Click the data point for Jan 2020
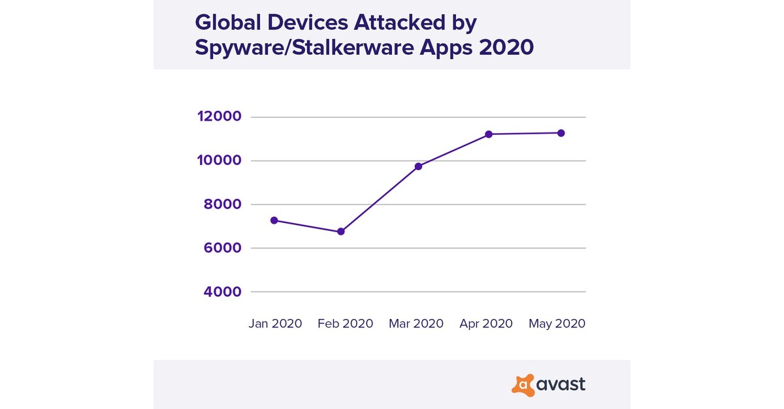pyautogui.click(x=274, y=220)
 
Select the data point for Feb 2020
pyautogui.click(x=341, y=232)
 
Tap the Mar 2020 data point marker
pyautogui.click(x=418, y=166)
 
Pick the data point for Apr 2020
pyautogui.click(x=489, y=134)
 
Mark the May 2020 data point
pyautogui.click(x=561, y=133)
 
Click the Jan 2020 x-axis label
pyautogui.click(x=275, y=324)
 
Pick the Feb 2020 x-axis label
pyautogui.click(x=346, y=324)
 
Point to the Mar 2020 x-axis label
pyautogui.click(x=416, y=324)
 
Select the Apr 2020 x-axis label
pyautogui.click(x=486, y=324)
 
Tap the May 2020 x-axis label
pyautogui.click(x=557, y=324)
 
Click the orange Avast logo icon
pyautogui.click(x=523, y=385)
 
